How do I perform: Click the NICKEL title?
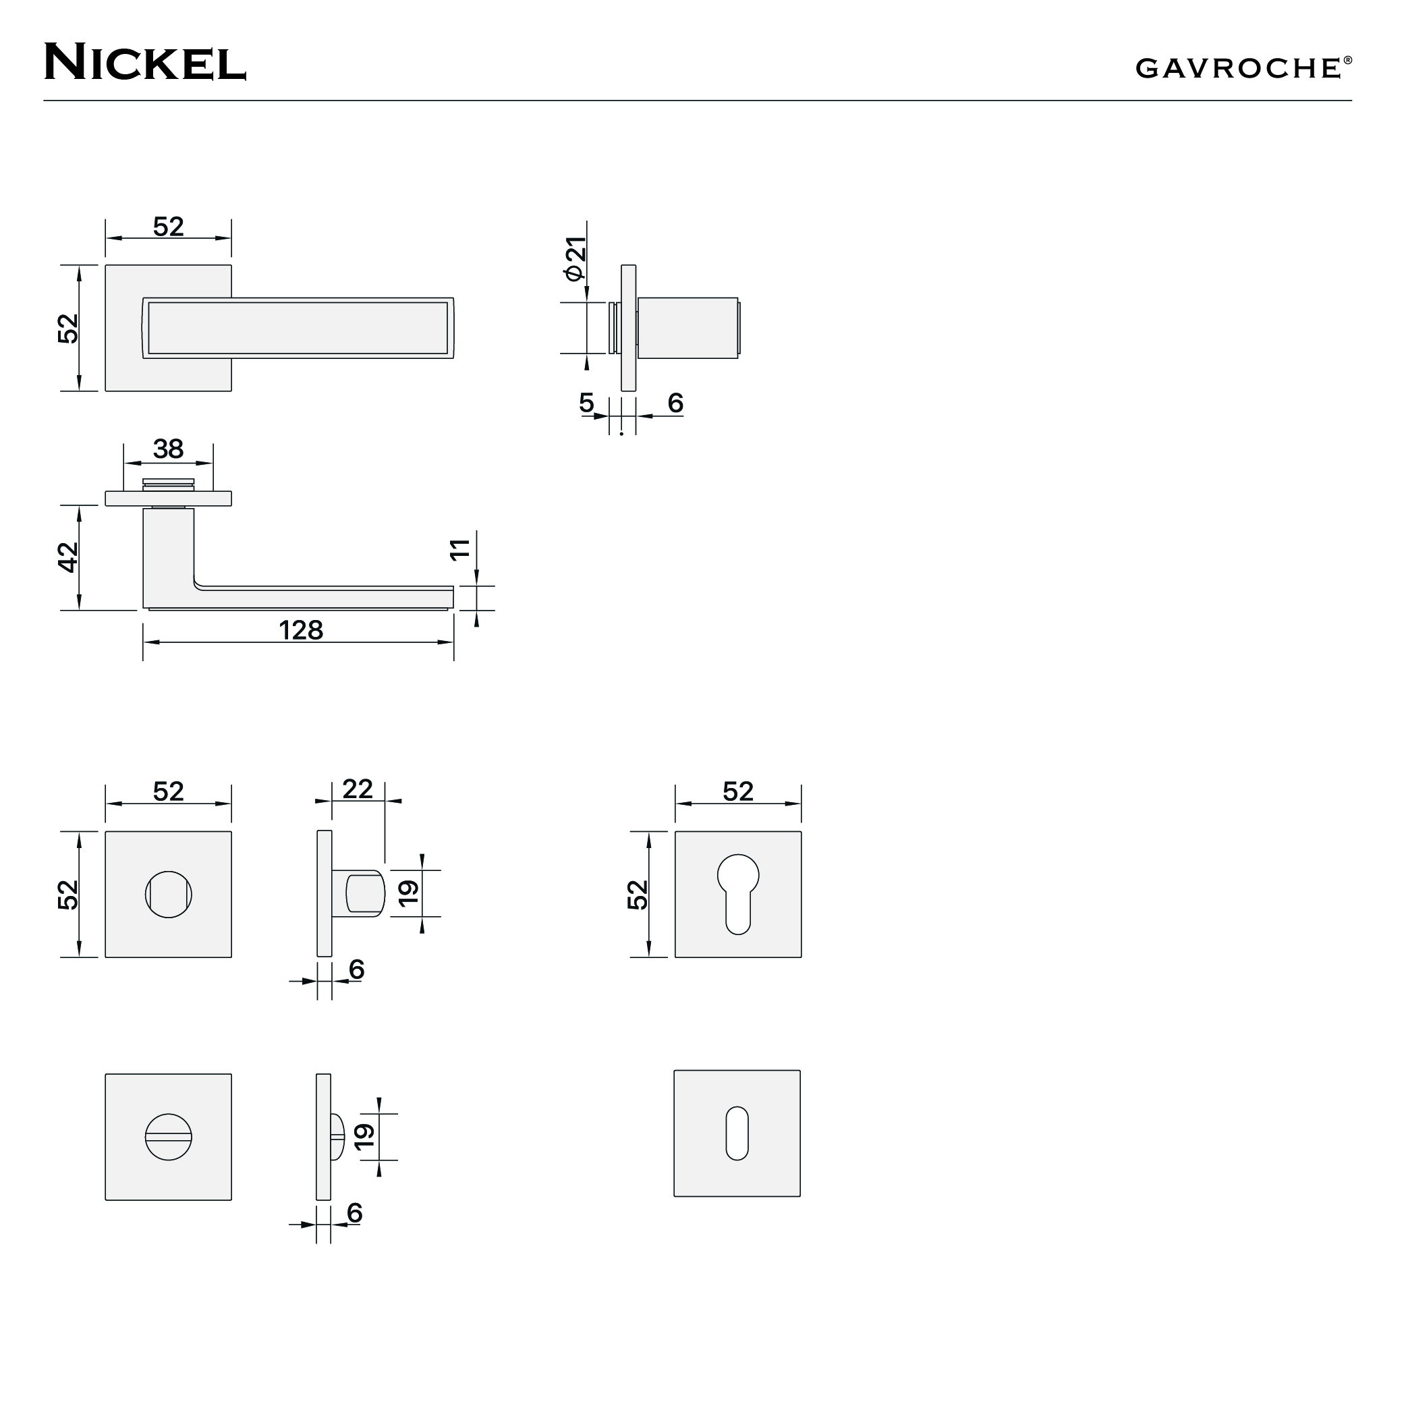(x=145, y=62)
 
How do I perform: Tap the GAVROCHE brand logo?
(x=1243, y=67)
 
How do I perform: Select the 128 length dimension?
(x=300, y=630)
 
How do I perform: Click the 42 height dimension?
(x=67, y=557)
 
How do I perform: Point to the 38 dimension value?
(x=168, y=449)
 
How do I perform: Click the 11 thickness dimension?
(x=460, y=549)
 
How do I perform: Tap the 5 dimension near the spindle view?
(x=586, y=403)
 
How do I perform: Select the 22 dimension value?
(x=358, y=789)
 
